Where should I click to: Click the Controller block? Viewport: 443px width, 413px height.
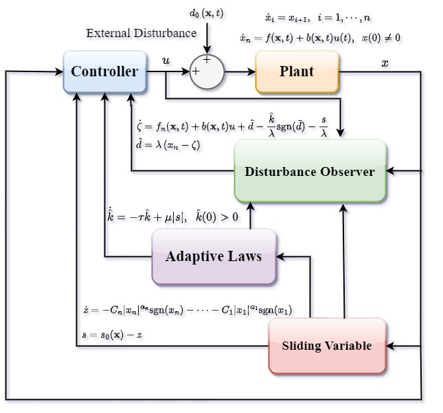pyautogui.click(x=104, y=72)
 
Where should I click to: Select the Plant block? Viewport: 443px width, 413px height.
pyautogui.click(x=297, y=72)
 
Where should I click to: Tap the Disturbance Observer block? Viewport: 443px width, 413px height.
pyautogui.click(x=310, y=171)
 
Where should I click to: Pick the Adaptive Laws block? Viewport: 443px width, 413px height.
pyautogui.click(x=214, y=256)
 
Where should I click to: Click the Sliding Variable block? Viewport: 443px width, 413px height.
pyautogui.click(x=327, y=346)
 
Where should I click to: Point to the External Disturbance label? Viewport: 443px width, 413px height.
pyautogui.click(x=141, y=33)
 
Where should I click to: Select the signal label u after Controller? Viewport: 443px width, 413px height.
pyautogui.click(x=166, y=61)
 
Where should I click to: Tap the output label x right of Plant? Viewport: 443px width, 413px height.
pyautogui.click(x=385, y=63)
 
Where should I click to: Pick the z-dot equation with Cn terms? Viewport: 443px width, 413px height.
pyautogui.click(x=187, y=309)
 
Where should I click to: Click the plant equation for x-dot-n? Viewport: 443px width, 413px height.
pyautogui.click(x=320, y=38)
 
